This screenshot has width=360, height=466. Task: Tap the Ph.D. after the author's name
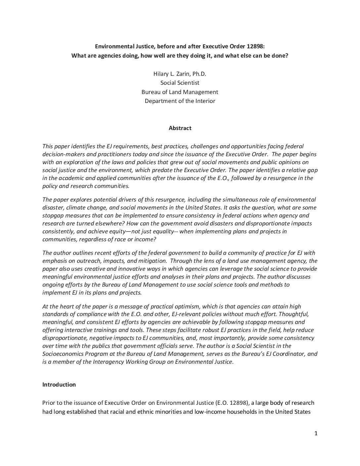pyautogui.click(x=199, y=73)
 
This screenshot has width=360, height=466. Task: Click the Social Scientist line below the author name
pyautogui.click(x=180, y=83)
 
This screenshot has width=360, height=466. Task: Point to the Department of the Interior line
pyautogui.click(x=180, y=101)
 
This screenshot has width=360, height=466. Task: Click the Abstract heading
pyautogui.click(x=180, y=128)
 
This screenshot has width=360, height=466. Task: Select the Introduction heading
pyautogui.click(x=59, y=385)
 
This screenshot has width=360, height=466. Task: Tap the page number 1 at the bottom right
pyautogui.click(x=316, y=434)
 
